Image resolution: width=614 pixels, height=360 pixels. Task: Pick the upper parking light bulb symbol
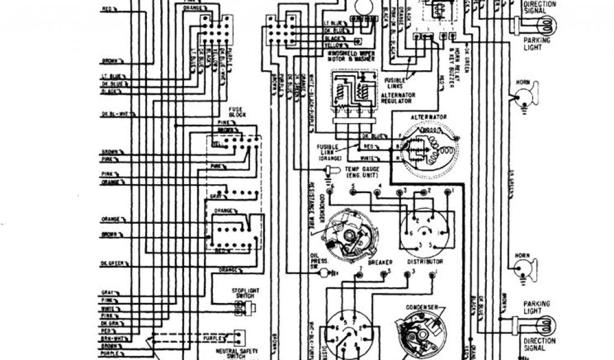point(546,25)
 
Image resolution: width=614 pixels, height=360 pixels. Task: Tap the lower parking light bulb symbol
point(546,325)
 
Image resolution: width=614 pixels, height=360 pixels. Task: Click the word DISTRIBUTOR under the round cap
point(425,262)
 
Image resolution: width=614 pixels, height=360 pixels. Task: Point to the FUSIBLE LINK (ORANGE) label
point(330,151)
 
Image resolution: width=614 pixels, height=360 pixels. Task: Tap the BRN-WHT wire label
point(111,338)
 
